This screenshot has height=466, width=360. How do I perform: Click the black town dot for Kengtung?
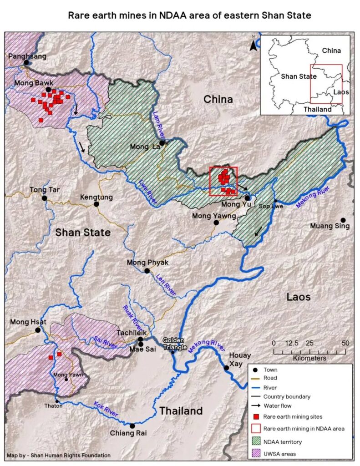pos(96,204)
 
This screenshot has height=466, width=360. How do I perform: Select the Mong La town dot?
pos(162,143)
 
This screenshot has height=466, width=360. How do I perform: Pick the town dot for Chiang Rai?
pos(132,426)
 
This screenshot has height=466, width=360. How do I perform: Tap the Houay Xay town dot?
pos(226,368)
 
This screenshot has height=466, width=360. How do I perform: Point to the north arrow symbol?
pos(253,44)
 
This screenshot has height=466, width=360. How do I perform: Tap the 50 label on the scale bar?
pos(345,343)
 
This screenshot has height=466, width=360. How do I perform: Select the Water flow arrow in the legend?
pos(258,405)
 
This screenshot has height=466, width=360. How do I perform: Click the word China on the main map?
pos(218,99)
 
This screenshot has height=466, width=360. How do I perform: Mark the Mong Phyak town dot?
pos(147,271)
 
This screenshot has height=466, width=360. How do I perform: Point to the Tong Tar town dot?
pos(44,198)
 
